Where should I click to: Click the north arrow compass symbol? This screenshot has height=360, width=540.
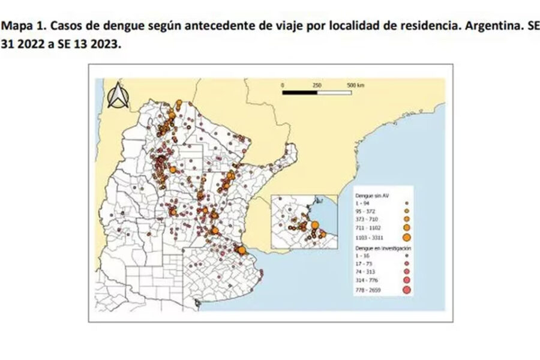pos(116,96)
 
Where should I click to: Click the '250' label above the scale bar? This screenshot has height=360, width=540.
pos(317,85)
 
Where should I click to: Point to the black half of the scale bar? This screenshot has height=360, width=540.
pos(300,93)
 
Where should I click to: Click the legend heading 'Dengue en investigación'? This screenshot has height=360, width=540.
pos(379,247)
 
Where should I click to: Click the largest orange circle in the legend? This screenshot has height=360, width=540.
pos(406,238)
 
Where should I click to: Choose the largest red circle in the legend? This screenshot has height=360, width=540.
pos(406,290)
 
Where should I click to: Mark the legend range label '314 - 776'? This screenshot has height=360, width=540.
pos(367,279)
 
